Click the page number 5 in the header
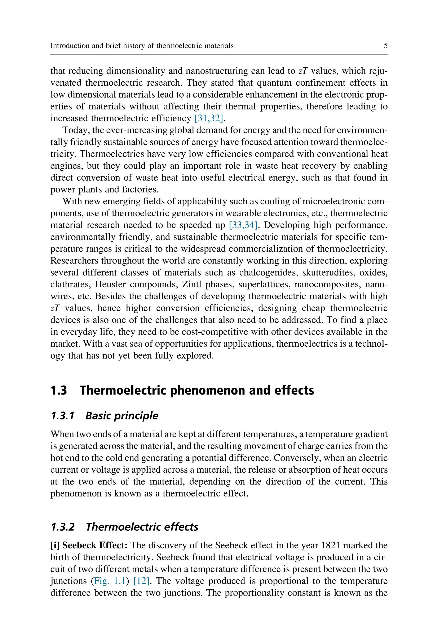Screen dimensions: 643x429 385,45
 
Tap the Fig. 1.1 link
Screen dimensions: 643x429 109,581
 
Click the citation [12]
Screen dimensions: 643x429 141,581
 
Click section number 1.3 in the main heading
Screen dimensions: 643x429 59,390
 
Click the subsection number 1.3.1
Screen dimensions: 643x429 63,416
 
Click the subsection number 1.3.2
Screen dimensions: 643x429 63,527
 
